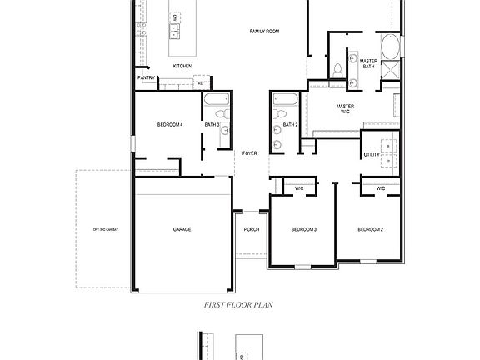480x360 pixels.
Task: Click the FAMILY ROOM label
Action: [264, 32]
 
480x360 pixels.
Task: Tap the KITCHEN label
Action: [182, 66]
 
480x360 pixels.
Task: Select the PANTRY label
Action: [146, 78]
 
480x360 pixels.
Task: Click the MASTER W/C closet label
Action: [345, 109]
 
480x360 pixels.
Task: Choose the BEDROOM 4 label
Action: [170, 125]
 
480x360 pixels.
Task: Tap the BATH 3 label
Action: [212, 125]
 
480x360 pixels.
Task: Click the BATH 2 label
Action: [290, 125]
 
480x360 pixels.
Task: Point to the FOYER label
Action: [249, 153]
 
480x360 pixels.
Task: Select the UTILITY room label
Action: [372, 155]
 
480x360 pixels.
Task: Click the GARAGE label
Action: [182, 229]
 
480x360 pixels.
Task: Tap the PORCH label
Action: [251, 229]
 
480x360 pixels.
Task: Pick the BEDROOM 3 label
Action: [303, 229]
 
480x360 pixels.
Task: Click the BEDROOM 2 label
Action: [371, 229]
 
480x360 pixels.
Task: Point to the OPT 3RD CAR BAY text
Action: [106, 229]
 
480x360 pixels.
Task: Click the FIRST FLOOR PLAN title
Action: [239, 305]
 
